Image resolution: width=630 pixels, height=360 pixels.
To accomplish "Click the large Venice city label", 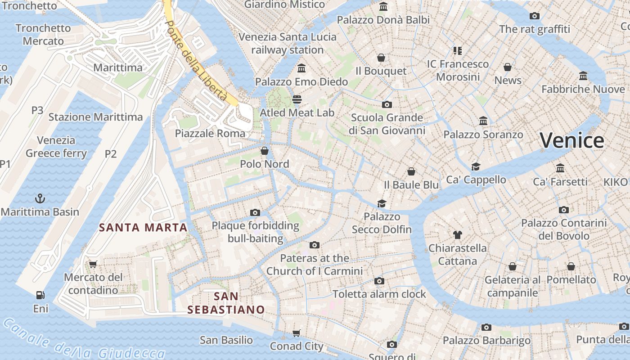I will [x=572, y=140].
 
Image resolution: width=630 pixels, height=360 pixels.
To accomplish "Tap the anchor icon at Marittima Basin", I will [x=40, y=198].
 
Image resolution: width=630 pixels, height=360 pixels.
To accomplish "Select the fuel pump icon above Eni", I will [x=40, y=295].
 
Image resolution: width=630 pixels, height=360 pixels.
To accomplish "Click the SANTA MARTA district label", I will [x=143, y=228].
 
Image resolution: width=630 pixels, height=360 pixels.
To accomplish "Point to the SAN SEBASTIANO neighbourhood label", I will [x=226, y=303].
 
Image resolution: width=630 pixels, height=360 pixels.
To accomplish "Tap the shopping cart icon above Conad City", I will [x=296, y=333].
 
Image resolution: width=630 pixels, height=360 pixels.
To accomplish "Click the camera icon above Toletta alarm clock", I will [x=379, y=281].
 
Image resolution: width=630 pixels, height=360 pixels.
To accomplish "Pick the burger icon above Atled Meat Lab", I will [x=297, y=99].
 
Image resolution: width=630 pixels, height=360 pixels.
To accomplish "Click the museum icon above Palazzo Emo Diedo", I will [x=301, y=68].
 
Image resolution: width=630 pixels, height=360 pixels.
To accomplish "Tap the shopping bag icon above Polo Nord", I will [x=265, y=151].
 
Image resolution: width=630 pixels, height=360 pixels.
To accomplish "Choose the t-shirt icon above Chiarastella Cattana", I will [x=458, y=234].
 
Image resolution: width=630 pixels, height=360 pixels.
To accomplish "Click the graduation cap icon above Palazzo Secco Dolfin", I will [x=382, y=203].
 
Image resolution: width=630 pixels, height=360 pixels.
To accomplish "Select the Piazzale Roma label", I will [x=210, y=133].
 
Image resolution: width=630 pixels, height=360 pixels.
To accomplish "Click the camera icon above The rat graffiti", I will [x=534, y=16].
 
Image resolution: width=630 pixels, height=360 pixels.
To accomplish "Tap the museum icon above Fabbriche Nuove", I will [x=583, y=76].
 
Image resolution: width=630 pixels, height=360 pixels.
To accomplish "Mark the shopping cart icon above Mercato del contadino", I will [x=93, y=264].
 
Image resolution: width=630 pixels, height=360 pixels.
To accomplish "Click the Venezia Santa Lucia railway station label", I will [x=288, y=43].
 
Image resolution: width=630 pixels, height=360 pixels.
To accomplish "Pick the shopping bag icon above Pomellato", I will [x=571, y=266].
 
